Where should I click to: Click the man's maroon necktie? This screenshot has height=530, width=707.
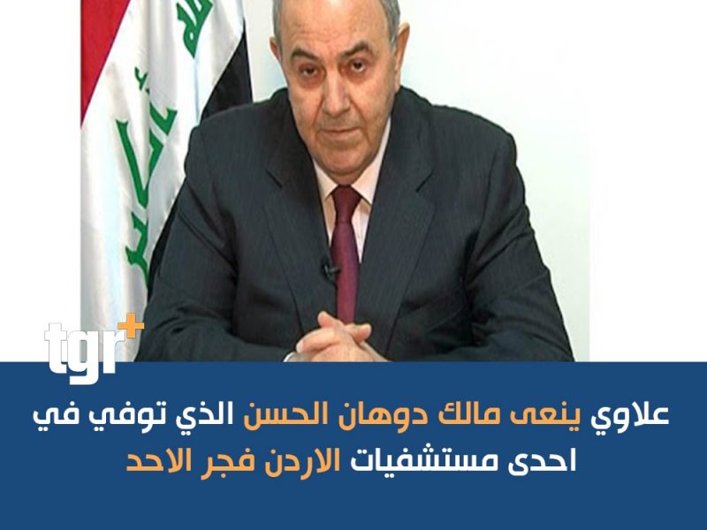(346, 253)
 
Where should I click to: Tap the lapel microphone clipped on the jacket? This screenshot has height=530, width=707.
(329, 269)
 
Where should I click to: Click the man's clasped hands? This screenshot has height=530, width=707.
(335, 338)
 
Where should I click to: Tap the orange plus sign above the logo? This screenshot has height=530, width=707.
(134, 324)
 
